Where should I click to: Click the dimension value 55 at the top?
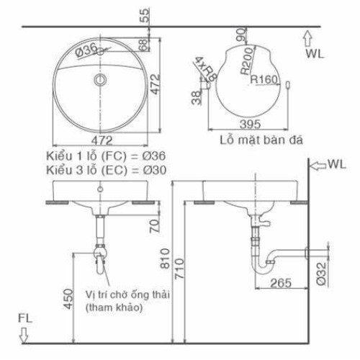click(145, 14)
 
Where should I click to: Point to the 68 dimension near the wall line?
click(144, 45)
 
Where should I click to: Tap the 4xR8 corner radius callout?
click(200, 70)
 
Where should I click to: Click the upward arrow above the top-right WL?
click(307, 37)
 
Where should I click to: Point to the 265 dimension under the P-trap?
click(282, 282)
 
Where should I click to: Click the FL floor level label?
click(24, 317)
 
